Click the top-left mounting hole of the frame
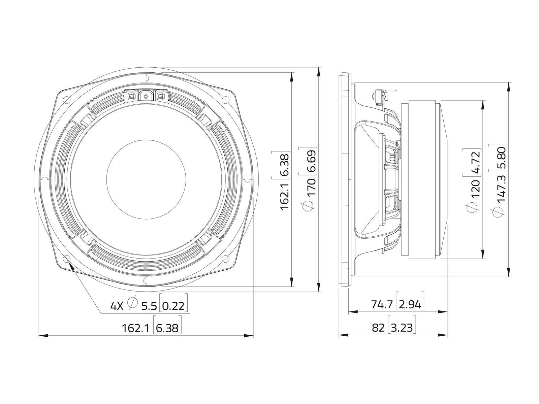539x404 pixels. tap(66, 99)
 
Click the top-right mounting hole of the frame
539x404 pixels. tap(225, 99)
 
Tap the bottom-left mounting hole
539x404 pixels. tap(66, 259)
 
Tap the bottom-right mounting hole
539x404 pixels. tap(225, 259)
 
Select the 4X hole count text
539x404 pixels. tap(117, 306)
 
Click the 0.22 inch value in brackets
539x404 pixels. tap(173, 306)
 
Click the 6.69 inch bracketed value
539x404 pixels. tap(311, 161)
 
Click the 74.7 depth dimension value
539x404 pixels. tap(382, 305)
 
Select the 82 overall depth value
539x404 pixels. tap(378, 328)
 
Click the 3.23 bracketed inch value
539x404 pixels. tap(402, 328)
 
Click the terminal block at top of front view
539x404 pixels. tap(146, 96)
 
